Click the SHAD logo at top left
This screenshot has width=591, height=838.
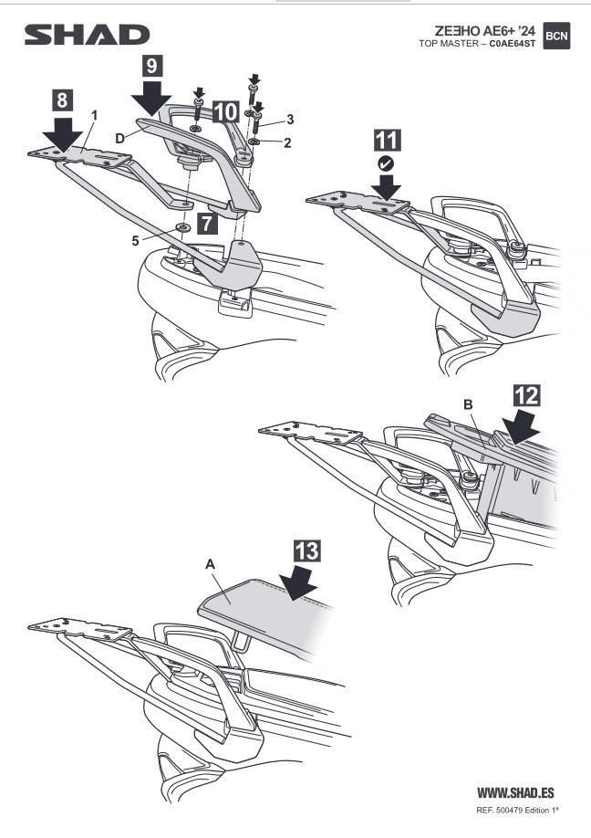tap(87, 35)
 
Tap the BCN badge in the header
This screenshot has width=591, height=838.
tap(556, 36)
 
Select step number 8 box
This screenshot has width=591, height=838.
tap(62, 100)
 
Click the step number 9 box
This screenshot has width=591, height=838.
tap(152, 65)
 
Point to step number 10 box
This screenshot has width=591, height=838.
tap(225, 112)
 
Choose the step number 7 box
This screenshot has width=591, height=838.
tap(207, 223)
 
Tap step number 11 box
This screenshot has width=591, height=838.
tap(387, 141)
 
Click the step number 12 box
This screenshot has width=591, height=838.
tap(526, 395)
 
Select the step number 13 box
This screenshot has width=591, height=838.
tap(307, 551)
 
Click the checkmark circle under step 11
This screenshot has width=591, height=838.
tap(386, 163)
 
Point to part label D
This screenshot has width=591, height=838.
tap(119, 139)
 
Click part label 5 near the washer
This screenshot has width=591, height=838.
tap(136, 241)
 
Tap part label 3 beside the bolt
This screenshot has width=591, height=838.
tap(290, 118)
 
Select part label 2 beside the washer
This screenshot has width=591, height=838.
tap(287, 142)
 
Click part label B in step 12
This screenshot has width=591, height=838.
tap(468, 404)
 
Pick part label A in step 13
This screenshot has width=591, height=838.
tap(210, 564)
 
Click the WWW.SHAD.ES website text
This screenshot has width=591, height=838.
tap(515, 792)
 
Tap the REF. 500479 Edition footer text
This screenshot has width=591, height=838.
tap(517, 811)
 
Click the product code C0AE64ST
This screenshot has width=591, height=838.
tap(512, 45)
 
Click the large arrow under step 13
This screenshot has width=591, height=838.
tap(299, 584)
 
